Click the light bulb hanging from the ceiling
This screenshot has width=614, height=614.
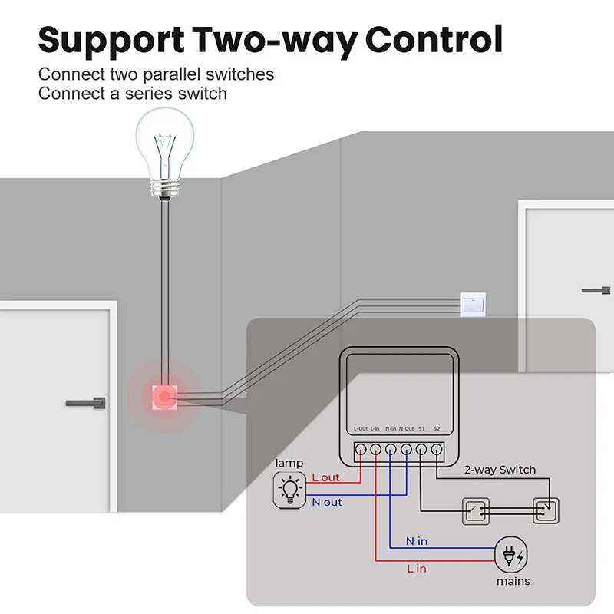163,146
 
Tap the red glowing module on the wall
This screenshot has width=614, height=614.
163,397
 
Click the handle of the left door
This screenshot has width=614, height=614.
87,402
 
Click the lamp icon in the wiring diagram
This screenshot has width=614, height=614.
290,488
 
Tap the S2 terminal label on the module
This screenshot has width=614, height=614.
437,428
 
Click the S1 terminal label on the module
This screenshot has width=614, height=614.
422,428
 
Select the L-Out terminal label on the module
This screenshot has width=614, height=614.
361,428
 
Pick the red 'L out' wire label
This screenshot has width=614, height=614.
325,477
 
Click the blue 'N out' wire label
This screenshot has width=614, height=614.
327,502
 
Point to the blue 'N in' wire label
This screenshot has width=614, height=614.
417,541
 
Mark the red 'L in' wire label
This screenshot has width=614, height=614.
417,568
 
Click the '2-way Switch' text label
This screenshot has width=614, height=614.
500,470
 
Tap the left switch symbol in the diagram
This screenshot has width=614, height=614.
476,510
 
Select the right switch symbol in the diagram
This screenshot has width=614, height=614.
546,510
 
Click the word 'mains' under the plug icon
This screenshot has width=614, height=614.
513,581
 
